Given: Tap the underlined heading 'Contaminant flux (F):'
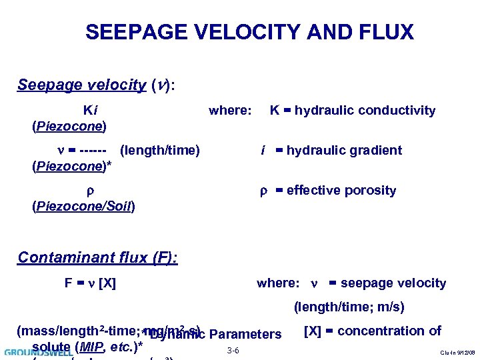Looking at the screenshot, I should pos(97,257).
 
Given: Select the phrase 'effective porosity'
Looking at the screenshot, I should pos(341,191).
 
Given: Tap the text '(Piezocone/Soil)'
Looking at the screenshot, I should pos(83,207).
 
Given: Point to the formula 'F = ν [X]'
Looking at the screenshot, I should pos(90,283).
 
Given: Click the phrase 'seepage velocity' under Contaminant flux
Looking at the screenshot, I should pos(393,283).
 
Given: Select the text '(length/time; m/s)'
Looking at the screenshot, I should pos(349,308).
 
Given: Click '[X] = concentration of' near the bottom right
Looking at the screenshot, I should pos(372,331).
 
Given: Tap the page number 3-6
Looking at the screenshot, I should pos(233,351).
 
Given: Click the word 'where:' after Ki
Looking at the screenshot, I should pos(230,111).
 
